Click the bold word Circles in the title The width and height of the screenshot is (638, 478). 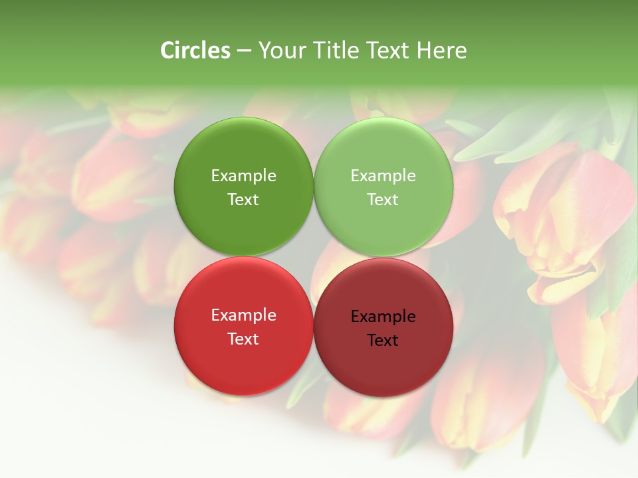pyautogui.click(x=195, y=50)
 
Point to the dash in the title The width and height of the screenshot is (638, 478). pyautogui.click(x=244, y=51)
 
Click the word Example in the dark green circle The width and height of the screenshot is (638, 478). pyautogui.click(x=243, y=176)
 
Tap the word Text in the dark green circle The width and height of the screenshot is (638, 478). pyautogui.click(x=243, y=199)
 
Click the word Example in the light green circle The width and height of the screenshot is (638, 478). pyautogui.click(x=383, y=176)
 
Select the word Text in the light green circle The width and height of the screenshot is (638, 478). pyautogui.click(x=383, y=199)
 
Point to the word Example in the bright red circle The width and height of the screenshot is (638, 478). pyautogui.click(x=243, y=315)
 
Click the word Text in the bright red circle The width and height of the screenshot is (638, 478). pyautogui.click(x=243, y=339)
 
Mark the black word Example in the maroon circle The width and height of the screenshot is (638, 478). pyautogui.click(x=383, y=317)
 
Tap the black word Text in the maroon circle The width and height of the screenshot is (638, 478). pyautogui.click(x=383, y=340)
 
